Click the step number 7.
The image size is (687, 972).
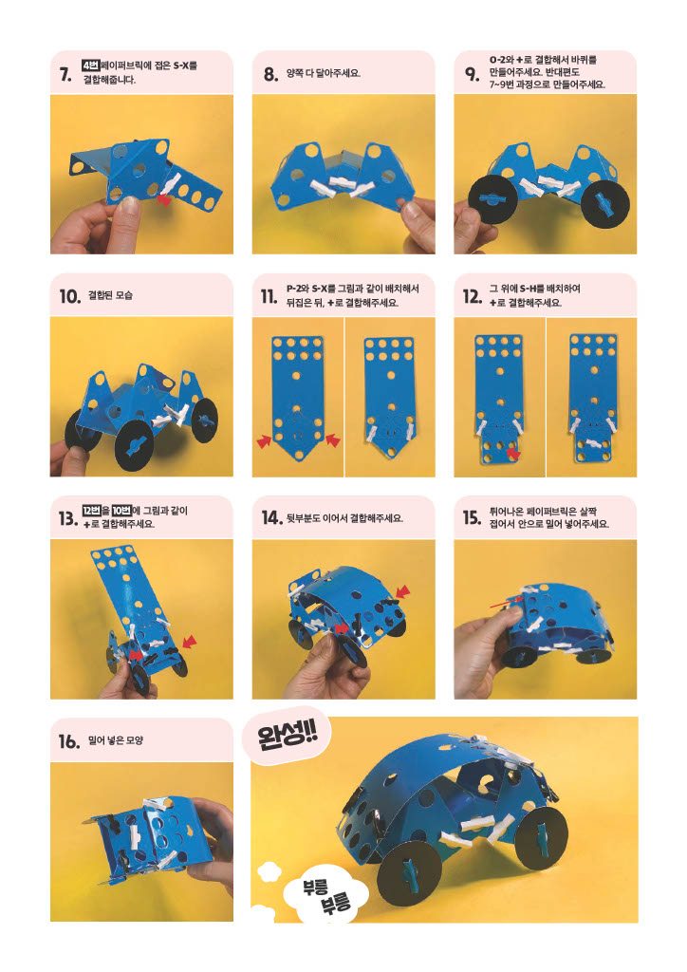pyautogui.click(x=65, y=74)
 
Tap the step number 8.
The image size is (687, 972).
pyautogui.click(x=270, y=74)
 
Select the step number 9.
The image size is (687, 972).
pyautogui.click(x=472, y=74)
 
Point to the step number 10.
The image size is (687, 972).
pyautogui.click(x=70, y=296)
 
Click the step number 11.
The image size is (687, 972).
pyautogui.click(x=269, y=296)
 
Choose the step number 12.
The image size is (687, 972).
pyautogui.click(x=472, y=296)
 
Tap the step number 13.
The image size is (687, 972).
pyautogui.click(x=67, y=518)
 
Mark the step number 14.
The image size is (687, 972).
pyautogui.click(x=271, y=518)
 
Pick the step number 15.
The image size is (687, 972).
pyautogui.click(x=472, y=518)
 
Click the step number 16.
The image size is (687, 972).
pyautogui.click(x=69, y=740)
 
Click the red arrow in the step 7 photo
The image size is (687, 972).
pyautogui.click(x=164, y=199)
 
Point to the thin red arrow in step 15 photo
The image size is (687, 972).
pyautogui.click(x=506, y=601)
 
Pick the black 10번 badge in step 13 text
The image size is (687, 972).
pyautogui.click(x=121, y=511)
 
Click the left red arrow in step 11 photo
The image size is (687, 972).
pyautogui.click(x=265, y=440)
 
